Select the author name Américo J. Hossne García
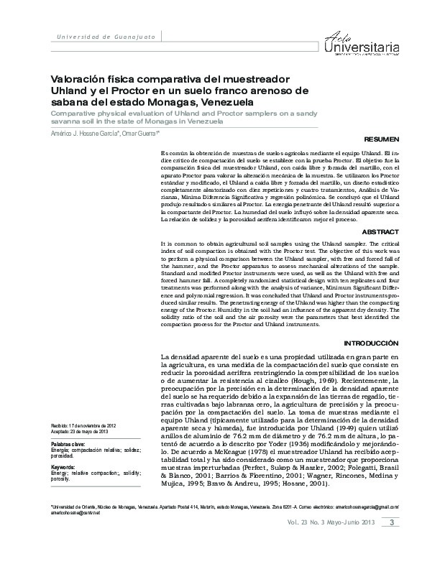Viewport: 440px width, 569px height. (x=78, y=134)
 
